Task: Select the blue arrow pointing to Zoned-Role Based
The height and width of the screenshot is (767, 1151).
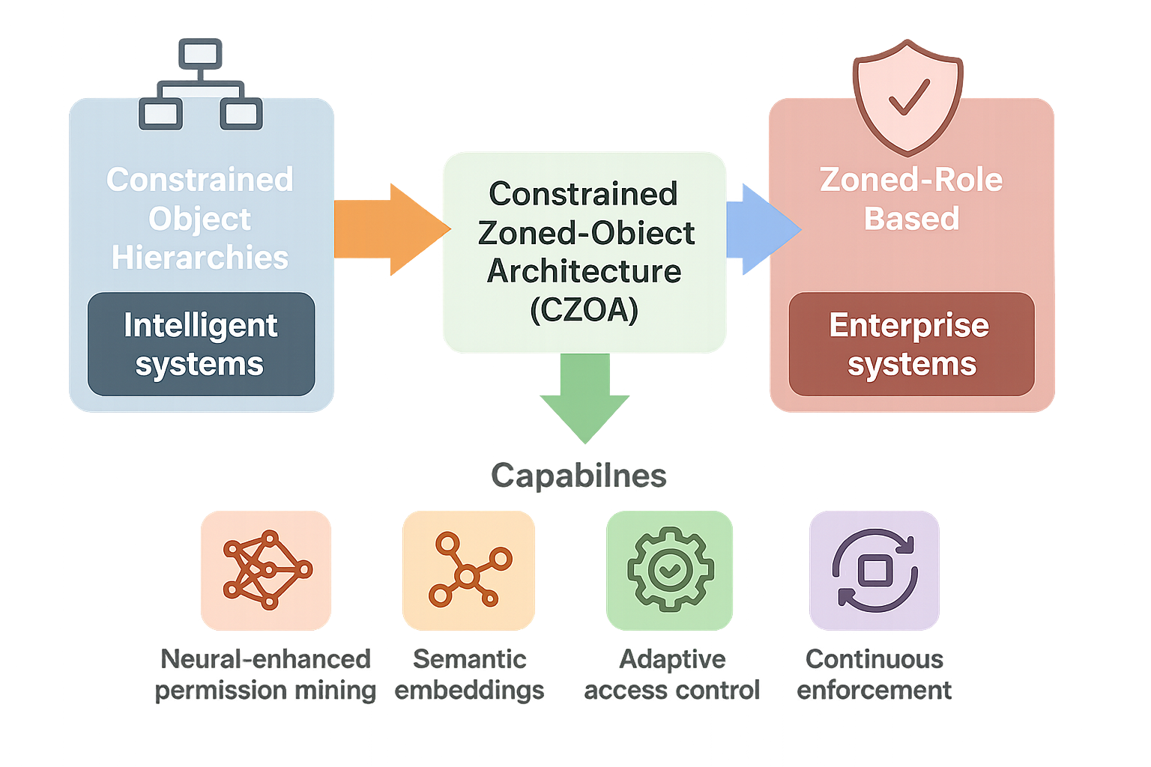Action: click(761, 228)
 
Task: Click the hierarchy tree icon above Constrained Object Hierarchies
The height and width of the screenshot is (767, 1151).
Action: click(200, 84)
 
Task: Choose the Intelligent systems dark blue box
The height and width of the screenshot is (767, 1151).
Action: click(201, 345)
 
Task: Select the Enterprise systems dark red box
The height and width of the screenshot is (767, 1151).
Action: click(911, 345)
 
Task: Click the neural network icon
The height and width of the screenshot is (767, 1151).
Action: click(266, 570)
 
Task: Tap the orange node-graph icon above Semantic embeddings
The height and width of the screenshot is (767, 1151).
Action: click(469, 570)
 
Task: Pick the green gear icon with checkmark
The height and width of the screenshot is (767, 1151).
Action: click(670, 570)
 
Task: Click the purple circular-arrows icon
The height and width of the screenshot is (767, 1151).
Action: click(874, 570)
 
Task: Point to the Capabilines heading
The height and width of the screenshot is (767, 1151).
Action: click(578, 476)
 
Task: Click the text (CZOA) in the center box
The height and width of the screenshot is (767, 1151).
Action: click(584, 309)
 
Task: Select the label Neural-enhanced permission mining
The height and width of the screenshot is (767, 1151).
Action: click(266, 674)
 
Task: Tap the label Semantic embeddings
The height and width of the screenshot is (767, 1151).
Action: click(470, 674)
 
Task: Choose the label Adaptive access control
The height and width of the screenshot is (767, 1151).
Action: click(671, 674)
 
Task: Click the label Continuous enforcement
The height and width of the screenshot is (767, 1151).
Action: click(874, 674)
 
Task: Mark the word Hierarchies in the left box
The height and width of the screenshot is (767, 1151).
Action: click(200, 258)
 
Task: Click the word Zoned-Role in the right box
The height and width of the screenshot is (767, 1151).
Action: click(911, 180)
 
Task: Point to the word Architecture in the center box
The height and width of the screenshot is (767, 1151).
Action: click(584, 271)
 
